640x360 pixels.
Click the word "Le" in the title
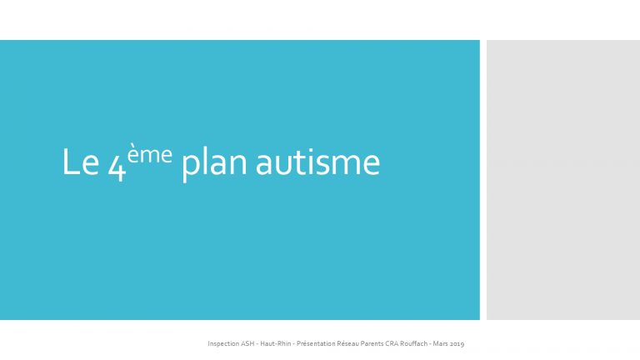click(80, 162)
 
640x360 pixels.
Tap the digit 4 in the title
click(117, 167)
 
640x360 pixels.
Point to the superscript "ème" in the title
click(149, 154)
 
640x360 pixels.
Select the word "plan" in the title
click(214, 164)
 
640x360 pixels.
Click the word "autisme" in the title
click(317, 162)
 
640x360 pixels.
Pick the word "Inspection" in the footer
click(223, 343)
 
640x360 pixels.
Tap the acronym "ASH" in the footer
click(247, 343)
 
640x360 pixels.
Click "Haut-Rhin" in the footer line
click(276, 343)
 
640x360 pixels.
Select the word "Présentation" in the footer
click(316, 343)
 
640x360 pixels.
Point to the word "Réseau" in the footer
click(347, 343)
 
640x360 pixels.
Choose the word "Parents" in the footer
click(372, 343)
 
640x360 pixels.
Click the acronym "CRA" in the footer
click(392, 343)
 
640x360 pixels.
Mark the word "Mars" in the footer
click(440, 343)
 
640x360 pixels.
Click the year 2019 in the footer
click(457, 343)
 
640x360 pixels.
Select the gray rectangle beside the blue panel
click(563, 180)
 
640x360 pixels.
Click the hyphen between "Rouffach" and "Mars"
click(430, 344)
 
